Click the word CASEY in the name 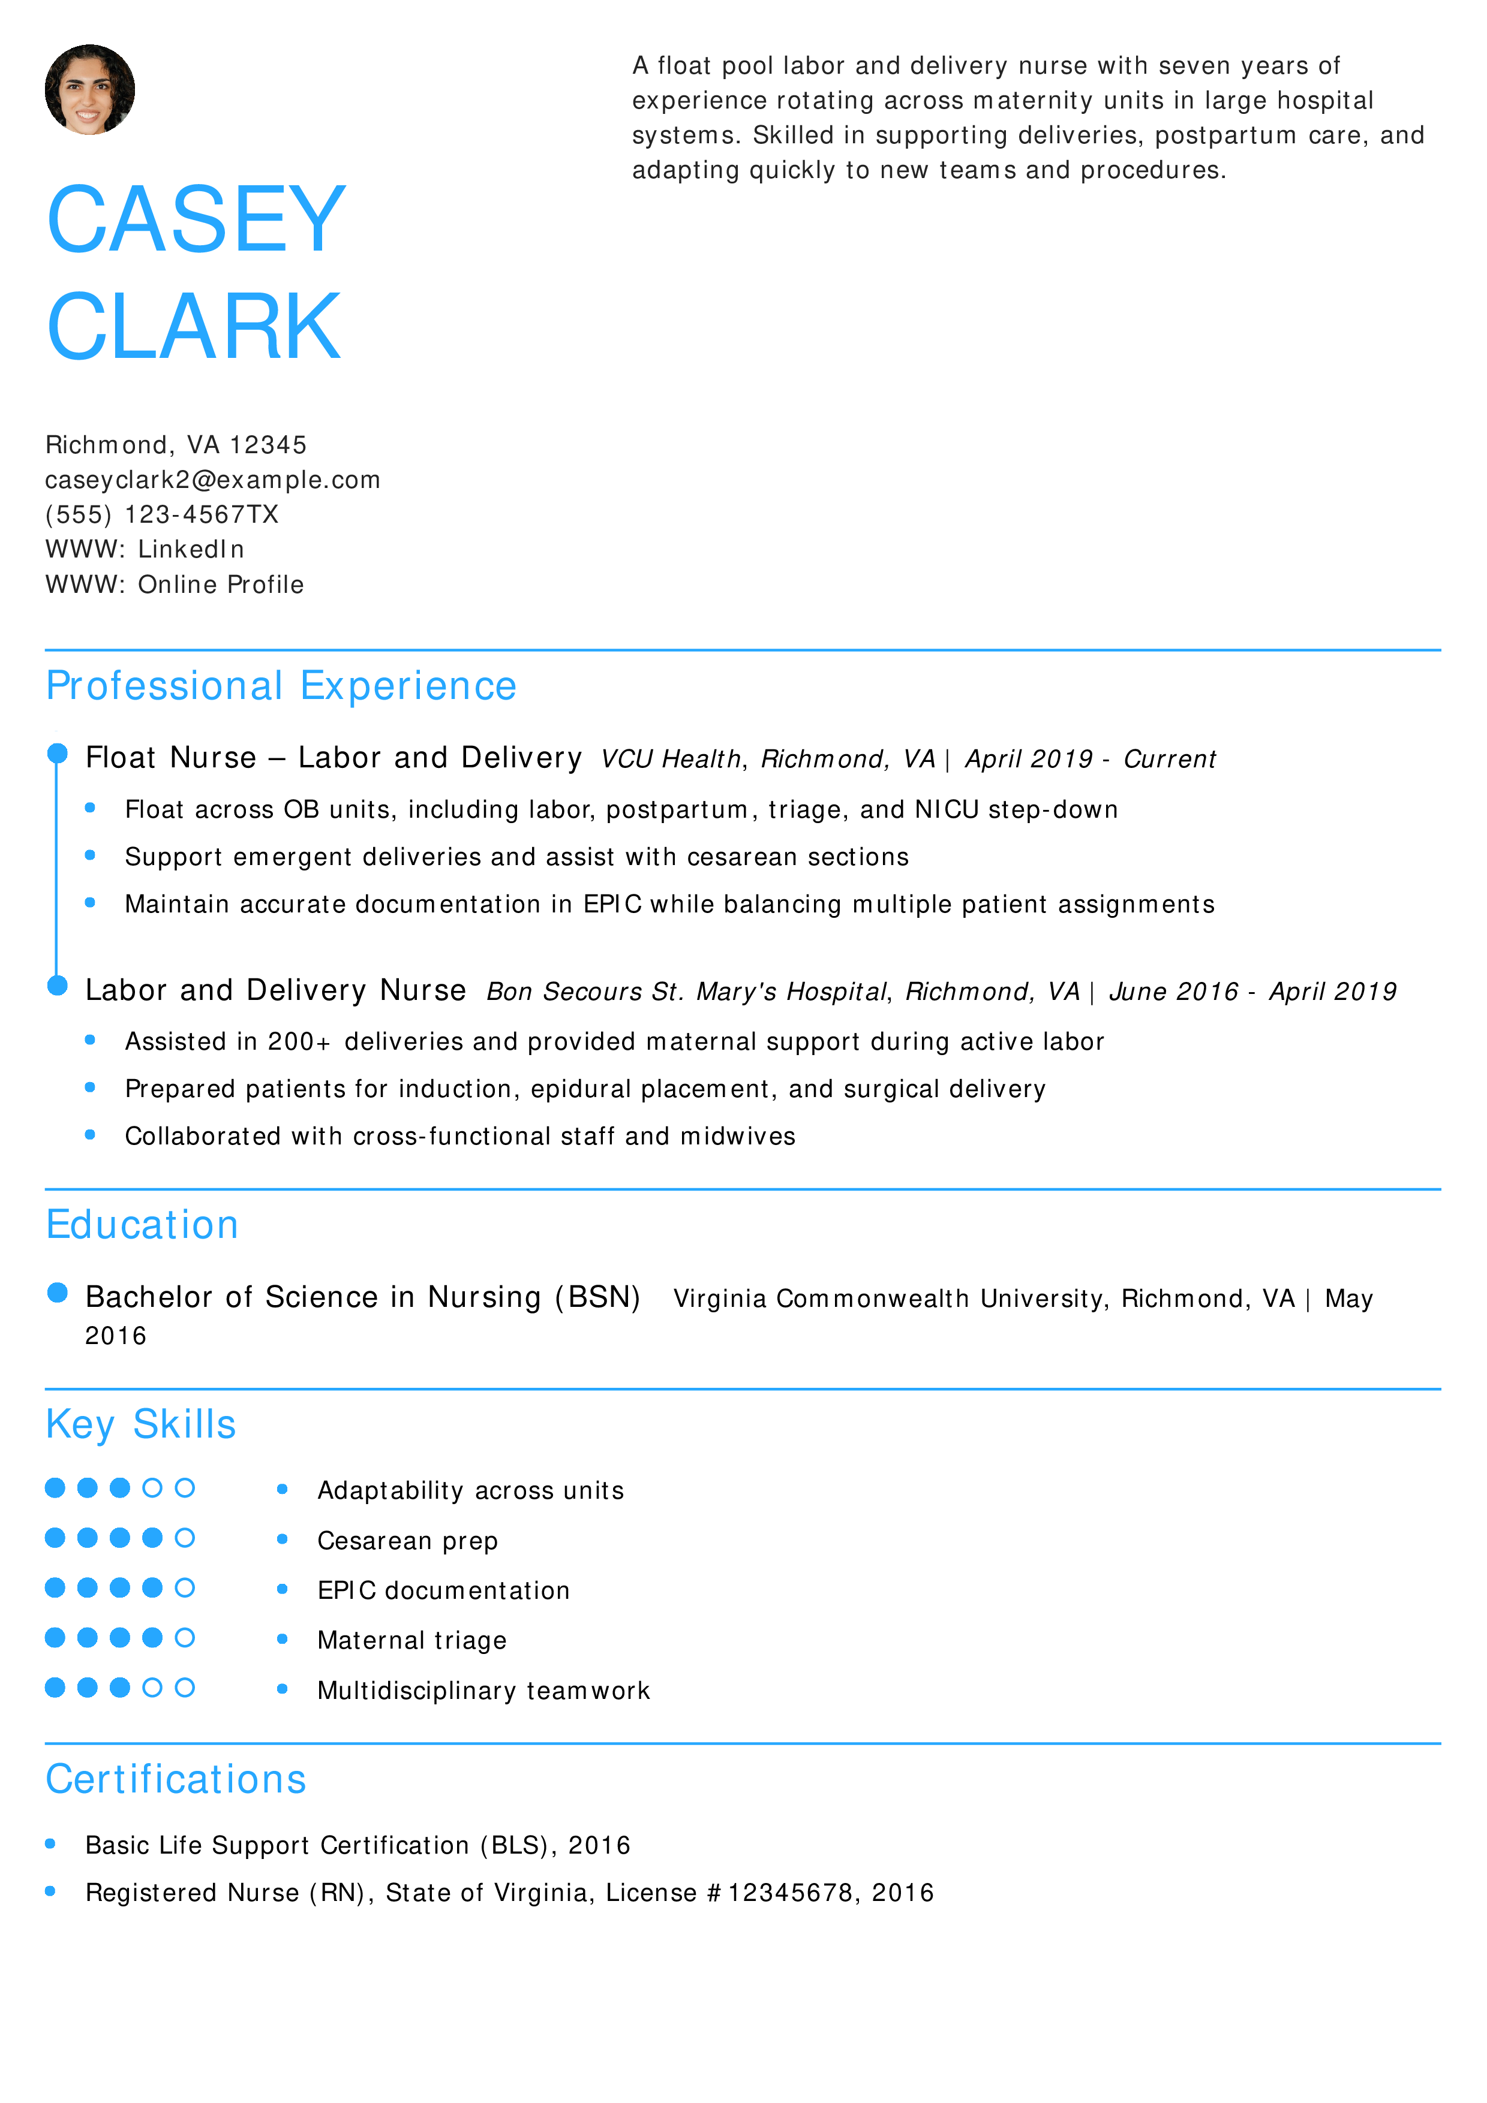pyautogui.click(x=196, y=220)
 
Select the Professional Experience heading pyautogui.click(x=281, y=686)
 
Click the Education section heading pyautogui.click(x=143, y=1225)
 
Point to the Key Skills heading pyautogui.click(x=141, y=1424)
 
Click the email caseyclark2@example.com pyautogui.click(x=212, y=480)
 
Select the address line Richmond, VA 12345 pyautogui.click(x=176, y=445)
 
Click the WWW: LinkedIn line pyautogui.click(x=145, y=550)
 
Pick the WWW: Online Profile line pyautogui.click(x=174, y=584)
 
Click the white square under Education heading pyautogui.click(x=62, y=1276)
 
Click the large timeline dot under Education pyautogui.click(x=58, y=1292)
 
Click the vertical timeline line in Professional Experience pyautogui.click(x=57, y=870)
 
